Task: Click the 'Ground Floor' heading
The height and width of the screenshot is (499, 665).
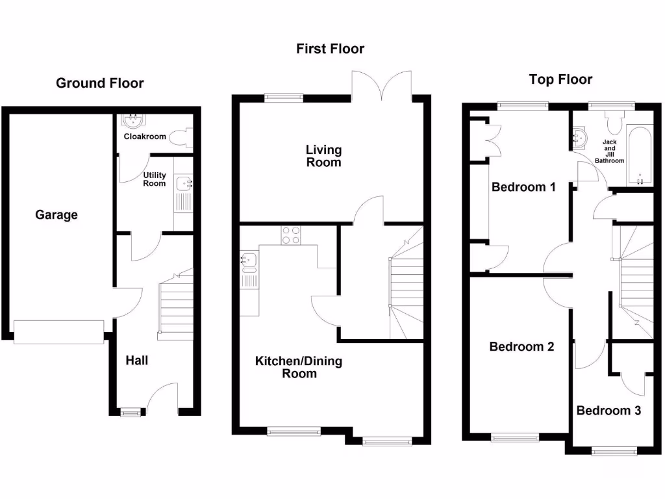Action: click(x=99, y=83)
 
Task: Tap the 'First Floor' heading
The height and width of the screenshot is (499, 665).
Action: click(x=330, y=49)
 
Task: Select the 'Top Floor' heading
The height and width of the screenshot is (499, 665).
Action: click(x=560, y=79)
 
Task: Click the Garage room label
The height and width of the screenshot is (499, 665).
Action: click(x=56, y=214)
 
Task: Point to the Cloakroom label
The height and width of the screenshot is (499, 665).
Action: click(x=145, y=137)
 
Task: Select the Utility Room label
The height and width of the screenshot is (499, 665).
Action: click(x=155, y=179)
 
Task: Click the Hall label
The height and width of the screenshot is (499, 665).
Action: click(x=136, y=360)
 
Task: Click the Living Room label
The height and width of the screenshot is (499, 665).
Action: click(x=323, y=156)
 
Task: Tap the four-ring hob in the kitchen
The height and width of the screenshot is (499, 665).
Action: click(x=290, y=235)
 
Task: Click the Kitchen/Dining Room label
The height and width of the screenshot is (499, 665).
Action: click(x=298, y=367)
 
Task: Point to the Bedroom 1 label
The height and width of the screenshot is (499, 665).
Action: click(x=523, y=187)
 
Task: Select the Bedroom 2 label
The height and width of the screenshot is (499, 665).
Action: click(x=521, y=346)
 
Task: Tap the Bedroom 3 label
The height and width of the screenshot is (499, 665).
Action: click(x=609, y=411)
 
